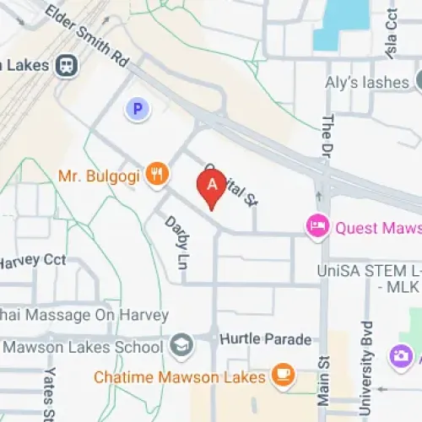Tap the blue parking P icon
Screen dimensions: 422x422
[x=135, y=108]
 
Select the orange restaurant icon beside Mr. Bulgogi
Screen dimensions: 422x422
[x=155, y=175]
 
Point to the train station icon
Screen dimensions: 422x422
[x=66, y=65]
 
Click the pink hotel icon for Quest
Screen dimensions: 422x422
[x=317, y=226]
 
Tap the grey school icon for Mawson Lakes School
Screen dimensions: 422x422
[x=180, y=345]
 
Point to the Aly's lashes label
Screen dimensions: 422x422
[x=367, y=82]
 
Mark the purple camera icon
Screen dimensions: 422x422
[x=401, y=356]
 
